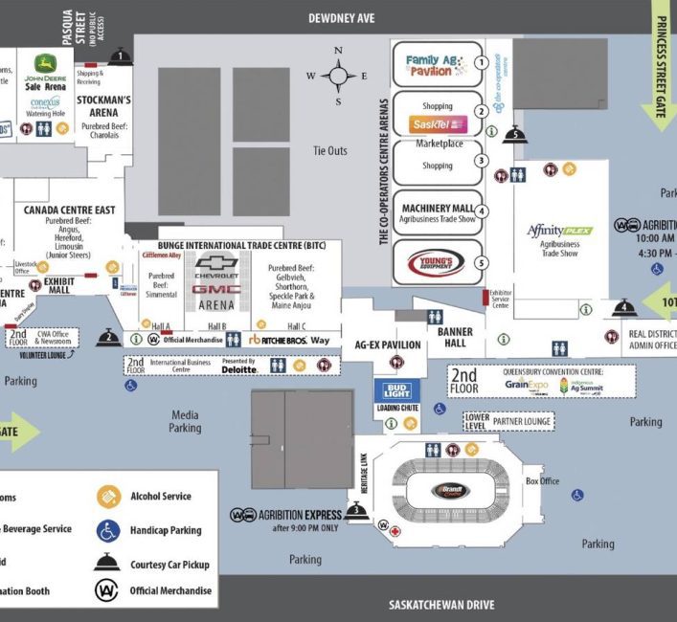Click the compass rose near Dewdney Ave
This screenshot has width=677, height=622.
coord(337,76)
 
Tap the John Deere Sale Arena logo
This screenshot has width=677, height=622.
coord(46,72)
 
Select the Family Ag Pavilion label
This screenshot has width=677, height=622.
coord(428,65)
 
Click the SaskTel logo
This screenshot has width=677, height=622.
coord(437,124)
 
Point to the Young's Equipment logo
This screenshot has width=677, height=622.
coord(436,262)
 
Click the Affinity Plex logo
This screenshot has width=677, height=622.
coord(560,231)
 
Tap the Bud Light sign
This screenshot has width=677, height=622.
coord(396,389)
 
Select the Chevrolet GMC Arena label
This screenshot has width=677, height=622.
coord(216,283)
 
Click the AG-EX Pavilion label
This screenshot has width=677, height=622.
coord(388,344)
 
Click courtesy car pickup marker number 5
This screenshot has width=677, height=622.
coord(515,135)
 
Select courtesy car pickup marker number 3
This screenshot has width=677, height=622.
coord(355,510)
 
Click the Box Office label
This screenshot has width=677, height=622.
coord(543,481)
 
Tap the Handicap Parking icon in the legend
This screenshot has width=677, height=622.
coord(108,530)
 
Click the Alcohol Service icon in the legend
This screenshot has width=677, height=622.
coord(108,496)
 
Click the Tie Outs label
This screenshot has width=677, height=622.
coord(330,150)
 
